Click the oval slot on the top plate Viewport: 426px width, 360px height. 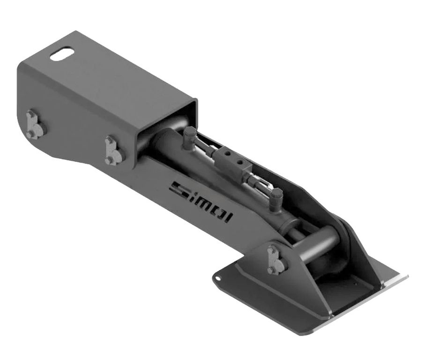pos(62,54)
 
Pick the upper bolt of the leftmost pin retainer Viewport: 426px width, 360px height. pos(31,114)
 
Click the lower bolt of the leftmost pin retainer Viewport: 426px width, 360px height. pos(31,134)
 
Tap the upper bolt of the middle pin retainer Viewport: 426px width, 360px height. pos(109,140)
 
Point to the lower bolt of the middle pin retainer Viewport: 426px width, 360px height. pos(109,160)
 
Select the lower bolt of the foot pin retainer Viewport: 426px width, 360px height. pos(271,270)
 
